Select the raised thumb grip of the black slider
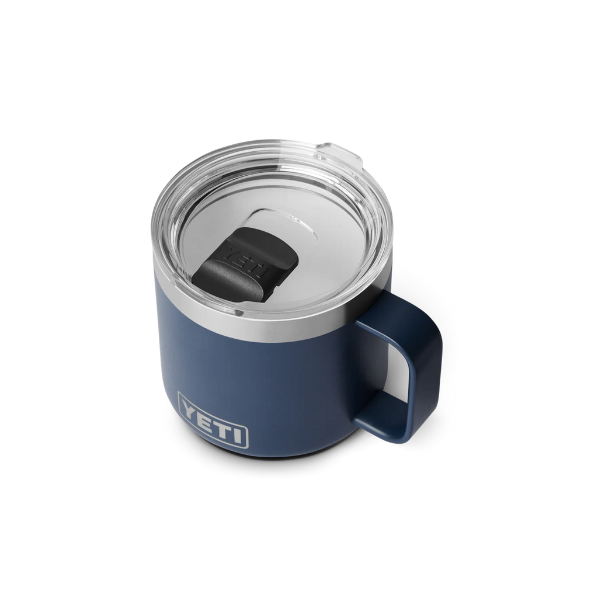tap(225, 278)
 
